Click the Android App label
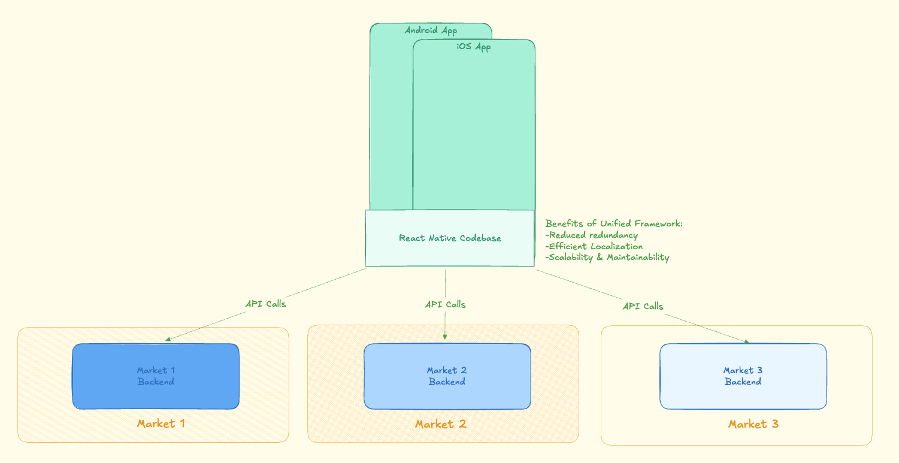tap(431, 31)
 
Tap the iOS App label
tap(473, 47)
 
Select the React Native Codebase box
tap(450, 238)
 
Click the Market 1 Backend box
tap(156, 376)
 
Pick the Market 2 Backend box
tap(447, 376)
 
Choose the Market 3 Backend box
tap(743, 376)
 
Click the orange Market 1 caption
tap(161, 423)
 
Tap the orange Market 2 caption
tap(440, 424)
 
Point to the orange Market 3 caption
tap(753, 424)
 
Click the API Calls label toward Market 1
tap(265, 304)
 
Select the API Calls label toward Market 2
tap(445, 304)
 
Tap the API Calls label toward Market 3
tap(643, 306)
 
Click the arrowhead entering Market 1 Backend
tap(168, 340)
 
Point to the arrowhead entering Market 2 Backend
tap(445, 337)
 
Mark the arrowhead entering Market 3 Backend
tap(746, 342)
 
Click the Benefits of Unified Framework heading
tap(614, 223)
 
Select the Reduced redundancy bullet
tap(591, 235)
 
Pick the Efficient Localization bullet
tap(594, 246)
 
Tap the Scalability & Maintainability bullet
tap(607, 258)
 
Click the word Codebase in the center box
tap(481, 238)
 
